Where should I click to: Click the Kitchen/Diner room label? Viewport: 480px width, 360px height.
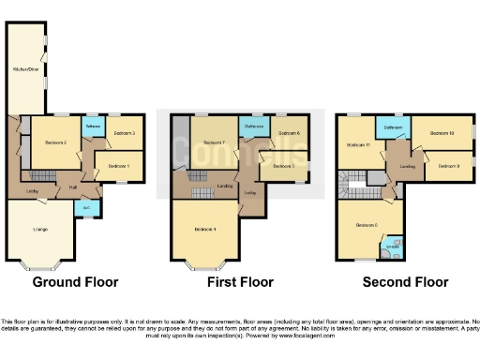point(26,68)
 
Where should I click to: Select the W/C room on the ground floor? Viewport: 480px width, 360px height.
point(85,207)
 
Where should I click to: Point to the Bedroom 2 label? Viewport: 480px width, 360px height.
point(55,142)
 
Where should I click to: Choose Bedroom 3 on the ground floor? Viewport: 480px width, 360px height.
point(125,134)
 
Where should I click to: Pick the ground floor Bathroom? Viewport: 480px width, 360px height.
point(94,126)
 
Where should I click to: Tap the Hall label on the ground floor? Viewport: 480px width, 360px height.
point(72,187)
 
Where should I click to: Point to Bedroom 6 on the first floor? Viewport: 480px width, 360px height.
point(288,134)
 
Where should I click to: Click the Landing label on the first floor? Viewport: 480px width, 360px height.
point(225,186)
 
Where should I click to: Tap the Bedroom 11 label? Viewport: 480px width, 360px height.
point(360,144)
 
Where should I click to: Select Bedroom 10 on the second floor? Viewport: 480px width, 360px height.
point(442,133)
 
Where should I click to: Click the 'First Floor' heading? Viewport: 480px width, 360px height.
point(240,281)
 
